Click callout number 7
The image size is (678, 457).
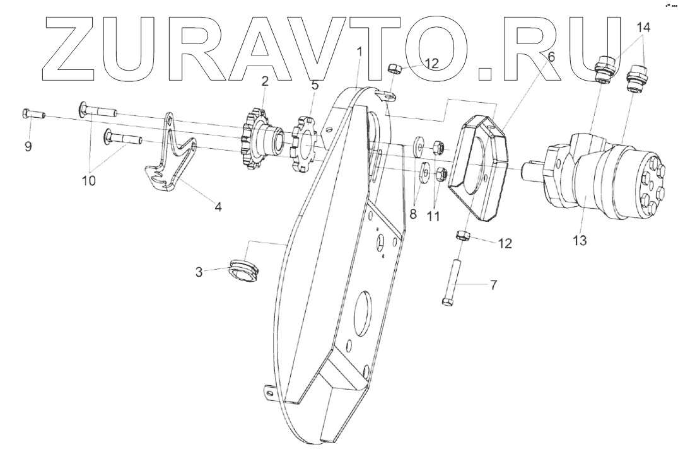(x=493, y=285)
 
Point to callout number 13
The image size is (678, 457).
(x=580, y=240)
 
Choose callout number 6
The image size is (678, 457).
(x=551, y=56)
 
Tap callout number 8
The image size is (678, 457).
(x=413, y=213)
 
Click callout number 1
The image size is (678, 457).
(x=359, y=52)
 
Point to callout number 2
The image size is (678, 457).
(x=266, y=80)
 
